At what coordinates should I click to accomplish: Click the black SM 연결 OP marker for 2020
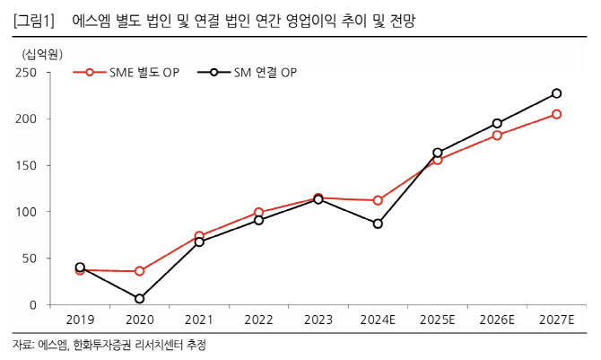139,298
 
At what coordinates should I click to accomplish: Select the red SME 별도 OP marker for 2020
139,271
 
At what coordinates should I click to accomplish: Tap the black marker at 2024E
378,224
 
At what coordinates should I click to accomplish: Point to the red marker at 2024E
378,200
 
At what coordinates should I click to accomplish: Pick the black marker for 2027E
556,93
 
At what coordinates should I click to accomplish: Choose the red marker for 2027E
556,114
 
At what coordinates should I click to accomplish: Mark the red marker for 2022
258,213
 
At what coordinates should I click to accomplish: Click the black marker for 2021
199,241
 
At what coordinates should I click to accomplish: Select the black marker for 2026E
497,123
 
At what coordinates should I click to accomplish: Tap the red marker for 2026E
497,135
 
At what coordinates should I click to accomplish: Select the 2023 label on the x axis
318,320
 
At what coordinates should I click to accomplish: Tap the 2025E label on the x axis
437,320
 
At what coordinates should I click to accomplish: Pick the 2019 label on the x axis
80,320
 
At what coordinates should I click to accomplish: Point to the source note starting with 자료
116,345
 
